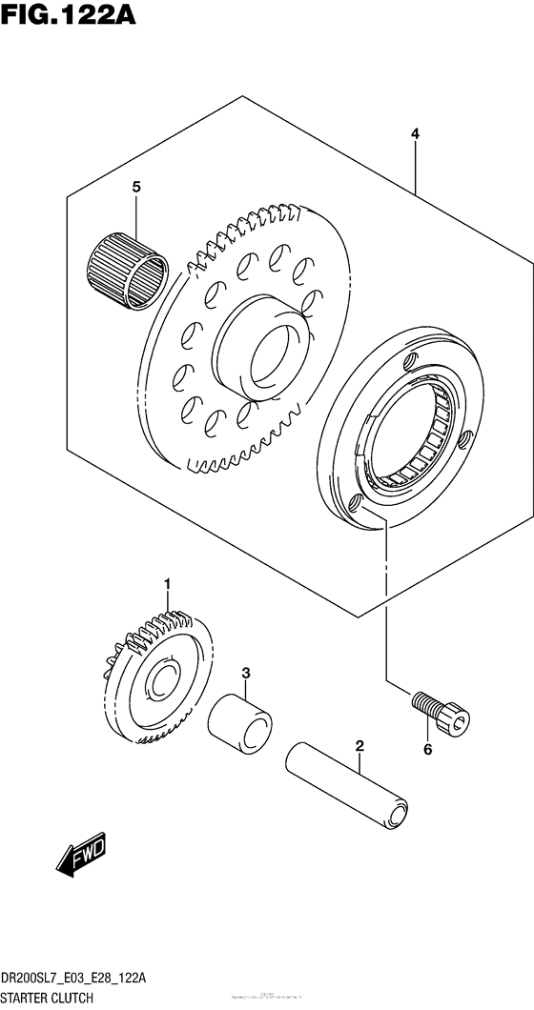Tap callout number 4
pyautogui.click(x=415, y=135)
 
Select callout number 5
pyautogui.click(x=136, y=188)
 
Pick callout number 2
pyautogui.click(x=359, y=745)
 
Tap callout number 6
pyautogui.click(x=428, y=750)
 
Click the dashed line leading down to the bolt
pyautogui.click(x=386, y=600)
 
